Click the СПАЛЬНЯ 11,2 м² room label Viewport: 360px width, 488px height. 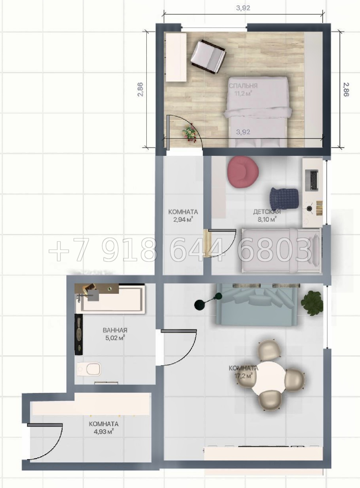tap(243, 90)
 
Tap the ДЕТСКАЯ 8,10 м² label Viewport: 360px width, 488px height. tap(267, 215)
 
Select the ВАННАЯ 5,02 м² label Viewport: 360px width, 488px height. tap(115, 334)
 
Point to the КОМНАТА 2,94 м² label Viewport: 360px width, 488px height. tap(183, 216)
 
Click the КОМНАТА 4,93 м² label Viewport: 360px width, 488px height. tap(104, 428)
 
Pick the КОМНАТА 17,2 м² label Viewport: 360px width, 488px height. tap(243, 372)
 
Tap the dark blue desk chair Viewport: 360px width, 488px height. tap(284, 198)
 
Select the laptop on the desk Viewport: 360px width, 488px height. tap(312, 180)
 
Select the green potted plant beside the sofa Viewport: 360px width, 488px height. tap(312, 303)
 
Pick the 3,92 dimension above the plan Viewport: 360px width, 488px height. tap(243, 8)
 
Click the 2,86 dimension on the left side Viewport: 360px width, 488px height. tap(140, 90)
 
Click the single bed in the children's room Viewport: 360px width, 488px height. tap(282, 251)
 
